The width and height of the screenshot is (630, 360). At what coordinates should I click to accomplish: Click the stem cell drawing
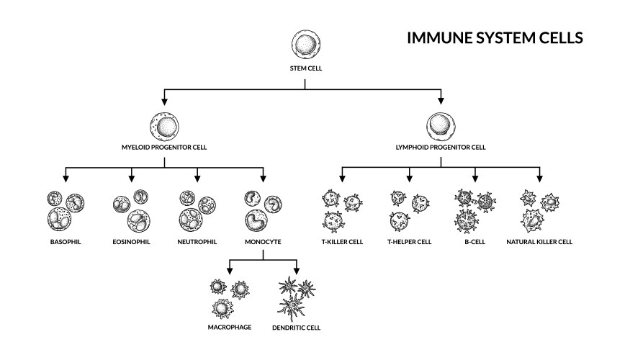(305, 45)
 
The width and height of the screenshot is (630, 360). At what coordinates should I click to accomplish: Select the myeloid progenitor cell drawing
(165, 126)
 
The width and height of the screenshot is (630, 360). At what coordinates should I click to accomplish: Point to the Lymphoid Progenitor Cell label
(441, 147)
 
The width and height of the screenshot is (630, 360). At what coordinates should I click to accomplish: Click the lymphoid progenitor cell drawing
(441, 126)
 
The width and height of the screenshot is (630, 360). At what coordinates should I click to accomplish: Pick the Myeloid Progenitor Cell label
(165, 147)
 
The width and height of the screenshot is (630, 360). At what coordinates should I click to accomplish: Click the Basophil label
(66, 241)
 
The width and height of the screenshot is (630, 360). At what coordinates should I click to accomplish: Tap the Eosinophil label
(131, 241)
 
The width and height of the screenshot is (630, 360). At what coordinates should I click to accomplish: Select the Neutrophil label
(197, 241)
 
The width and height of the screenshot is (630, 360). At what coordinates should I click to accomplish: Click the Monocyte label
(263, 241)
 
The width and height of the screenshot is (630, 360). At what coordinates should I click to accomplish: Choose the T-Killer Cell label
(341, 241)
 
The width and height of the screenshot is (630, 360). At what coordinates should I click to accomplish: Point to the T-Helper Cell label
(409, 241)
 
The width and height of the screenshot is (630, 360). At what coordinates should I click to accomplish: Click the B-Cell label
(474, 241)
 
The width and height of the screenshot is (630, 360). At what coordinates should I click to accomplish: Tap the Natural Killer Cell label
(539, 241)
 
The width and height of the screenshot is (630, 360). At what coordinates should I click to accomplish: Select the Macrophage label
(229, 327)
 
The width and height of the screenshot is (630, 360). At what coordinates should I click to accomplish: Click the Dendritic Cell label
(296, 327)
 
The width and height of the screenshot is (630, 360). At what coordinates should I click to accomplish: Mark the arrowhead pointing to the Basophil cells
(66, 177)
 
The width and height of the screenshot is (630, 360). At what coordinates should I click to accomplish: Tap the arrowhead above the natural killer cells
(539, 177)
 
